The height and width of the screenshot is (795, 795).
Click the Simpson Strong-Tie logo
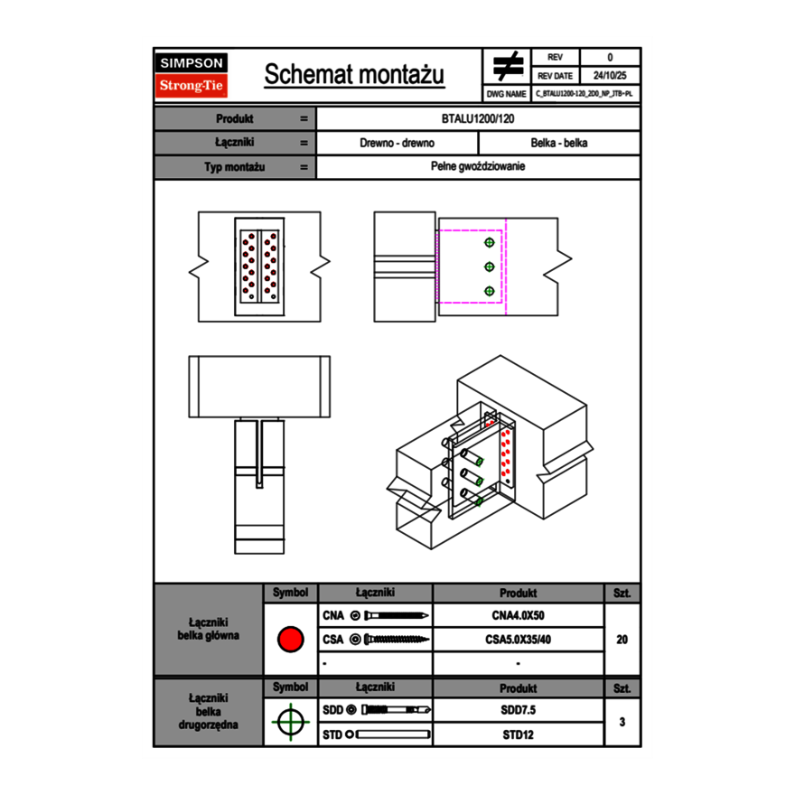[x=192, y=75]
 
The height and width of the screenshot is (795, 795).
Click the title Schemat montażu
[x=354, y=75]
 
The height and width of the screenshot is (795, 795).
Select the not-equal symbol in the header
[x=508, y=67]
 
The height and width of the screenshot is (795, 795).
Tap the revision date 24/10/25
[x=610, y=76]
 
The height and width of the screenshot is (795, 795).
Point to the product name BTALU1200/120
[x=478, y=119]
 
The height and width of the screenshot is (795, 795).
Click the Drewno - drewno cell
[x=397, y=143]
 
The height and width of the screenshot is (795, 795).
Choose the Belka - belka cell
[x=559, y=143]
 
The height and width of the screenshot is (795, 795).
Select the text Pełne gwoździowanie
[x=478, y=167]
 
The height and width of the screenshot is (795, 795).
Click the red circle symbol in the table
[x=290, y=640]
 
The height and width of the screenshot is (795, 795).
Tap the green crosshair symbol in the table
[x=290, y=723]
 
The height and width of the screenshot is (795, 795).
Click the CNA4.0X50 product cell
[x=518, y=616]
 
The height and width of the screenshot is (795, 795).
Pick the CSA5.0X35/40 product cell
[x=518, y=640]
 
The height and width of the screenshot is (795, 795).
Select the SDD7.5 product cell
[x=518, y=710]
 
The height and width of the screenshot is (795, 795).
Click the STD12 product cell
[x=518, y=734]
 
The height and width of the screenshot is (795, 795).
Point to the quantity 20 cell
[x=622, y=640]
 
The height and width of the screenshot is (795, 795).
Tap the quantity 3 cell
[x=622, y=722]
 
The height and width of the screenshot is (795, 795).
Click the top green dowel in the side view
[x=490, y=243]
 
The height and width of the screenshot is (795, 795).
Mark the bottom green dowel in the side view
[x=490, y=291]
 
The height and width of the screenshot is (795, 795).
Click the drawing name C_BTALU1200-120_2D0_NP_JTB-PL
[x=584, y=93]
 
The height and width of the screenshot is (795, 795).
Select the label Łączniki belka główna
[x=209, y=629]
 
